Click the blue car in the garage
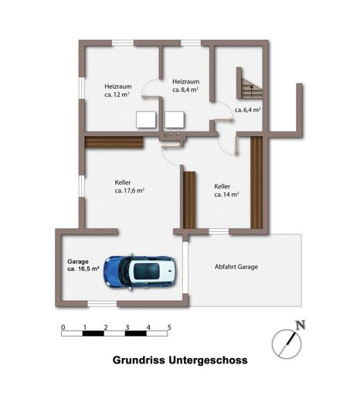pyautogui.click(x=141, y=272)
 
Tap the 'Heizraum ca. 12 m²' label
pyautogui.click(x=118, y=90)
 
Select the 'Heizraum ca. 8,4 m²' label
pyautogui.click(x=185, y=86)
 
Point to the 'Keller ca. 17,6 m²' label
pyautogui.click(x=130, y=186)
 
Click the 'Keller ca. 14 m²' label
pyautogui.click(x=226, y=190)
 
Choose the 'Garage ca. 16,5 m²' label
pyautogui.click(x=83, y=265)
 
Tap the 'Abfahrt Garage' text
pyautogui.click(x=236, y=267)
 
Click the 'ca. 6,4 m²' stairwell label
pyautogui.click(x=248, y=110)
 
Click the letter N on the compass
pyautogui.click(x=300, y=325)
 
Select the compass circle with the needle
pyautogui.click(x=287, y=343)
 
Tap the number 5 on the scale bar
pyautogui.click(x=169, y=327)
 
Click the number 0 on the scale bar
pyautogui.click(x=63, y=327)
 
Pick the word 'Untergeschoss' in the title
pyautogui.click(x=208, y=360)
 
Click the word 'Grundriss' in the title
pyautogui.click(x=139, y=360)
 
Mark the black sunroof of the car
pyautogui.click(x=147, y=271)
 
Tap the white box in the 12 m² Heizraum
pyautogui.click(x=146, y=120)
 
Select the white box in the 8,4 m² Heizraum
pyautogui.click(x=175, y=120)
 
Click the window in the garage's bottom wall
pyautogui.click(x=102, y=305)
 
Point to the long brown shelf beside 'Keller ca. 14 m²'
pyautogui.click(x=256, y=183)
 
